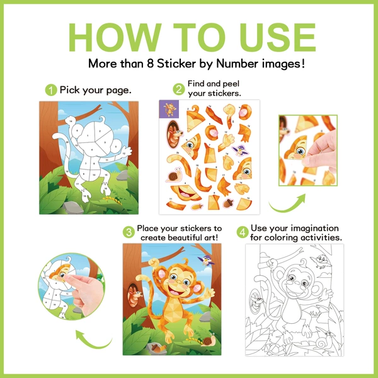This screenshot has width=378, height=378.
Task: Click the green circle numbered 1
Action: pyautogui.click(x=51, y=90)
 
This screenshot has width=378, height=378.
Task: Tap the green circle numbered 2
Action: pyautogui.click(x=179, y=89)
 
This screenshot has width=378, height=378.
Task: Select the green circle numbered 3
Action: pyautogui.click(x=129, y=232)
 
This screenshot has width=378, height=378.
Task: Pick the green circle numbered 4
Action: pyautogui.click(x=243, y=232)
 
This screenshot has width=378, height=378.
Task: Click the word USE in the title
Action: pyautogui.click(x=277, y=37)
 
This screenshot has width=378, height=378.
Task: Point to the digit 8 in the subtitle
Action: pyautogui.click(x=150, y=64)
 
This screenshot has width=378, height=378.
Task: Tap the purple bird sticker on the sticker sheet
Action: pyautogui.click(x=239, y=150)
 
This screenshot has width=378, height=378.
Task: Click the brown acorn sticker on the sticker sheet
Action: pyautogui.click(x=228, y=202)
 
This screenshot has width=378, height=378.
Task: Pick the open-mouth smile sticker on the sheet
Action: pyautogui.click(x=185, y=193)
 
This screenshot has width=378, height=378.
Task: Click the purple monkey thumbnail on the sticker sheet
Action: pyautogui.click(x=169, y=110)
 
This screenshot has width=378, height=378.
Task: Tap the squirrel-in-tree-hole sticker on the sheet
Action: pyautogui.click(x=175, y=134)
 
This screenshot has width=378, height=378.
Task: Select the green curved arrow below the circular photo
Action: pyautogui.click(x=92, y=341)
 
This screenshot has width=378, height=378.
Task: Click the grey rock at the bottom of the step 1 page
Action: pyautogui.click(x=73, y=207)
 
